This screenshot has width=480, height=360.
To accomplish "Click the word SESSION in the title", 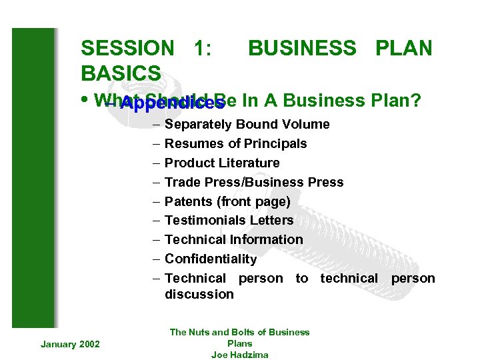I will (x=127, y=49).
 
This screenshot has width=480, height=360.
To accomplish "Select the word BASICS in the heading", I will (x=121, y=73).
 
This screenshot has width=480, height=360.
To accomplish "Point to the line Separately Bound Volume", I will (x=247, y=125).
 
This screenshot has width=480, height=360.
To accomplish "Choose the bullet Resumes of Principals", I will (x=235, y=144).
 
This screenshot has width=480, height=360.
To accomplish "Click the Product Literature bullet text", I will (x=222, y=163).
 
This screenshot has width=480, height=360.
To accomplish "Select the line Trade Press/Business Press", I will (x=254, y=183).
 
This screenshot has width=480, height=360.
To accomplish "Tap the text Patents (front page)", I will (x=227, y=201).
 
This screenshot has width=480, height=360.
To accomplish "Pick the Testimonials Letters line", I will (x=229, y=221).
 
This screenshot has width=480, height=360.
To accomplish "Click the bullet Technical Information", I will (x=233, y=240).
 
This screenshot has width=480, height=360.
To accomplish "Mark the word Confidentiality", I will (x=210, y=259).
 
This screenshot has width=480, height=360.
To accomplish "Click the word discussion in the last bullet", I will (x=199, y=295).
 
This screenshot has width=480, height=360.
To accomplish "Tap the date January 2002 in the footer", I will (x=70, y=344).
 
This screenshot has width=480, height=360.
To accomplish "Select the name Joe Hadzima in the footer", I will (x=239, y=355).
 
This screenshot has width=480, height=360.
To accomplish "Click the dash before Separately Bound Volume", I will (x=155, y=125).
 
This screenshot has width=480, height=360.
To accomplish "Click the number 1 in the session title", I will (x=198, y=49).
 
